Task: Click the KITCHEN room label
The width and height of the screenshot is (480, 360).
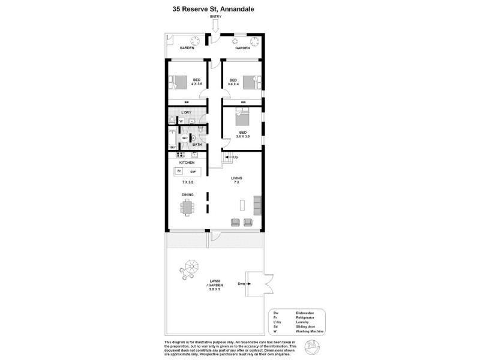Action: [187, 163]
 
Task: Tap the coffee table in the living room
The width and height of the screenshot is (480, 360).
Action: [243, 205]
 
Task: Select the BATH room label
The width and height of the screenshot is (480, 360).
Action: [197, 145]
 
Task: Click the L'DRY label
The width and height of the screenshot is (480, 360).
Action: [187, 113]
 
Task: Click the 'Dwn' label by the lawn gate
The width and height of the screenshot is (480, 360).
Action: [241, 283]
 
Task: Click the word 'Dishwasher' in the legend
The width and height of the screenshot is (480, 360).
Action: [305, 313]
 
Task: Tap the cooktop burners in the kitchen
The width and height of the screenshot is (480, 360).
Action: [181, 156]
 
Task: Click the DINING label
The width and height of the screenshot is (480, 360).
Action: [187, 194]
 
